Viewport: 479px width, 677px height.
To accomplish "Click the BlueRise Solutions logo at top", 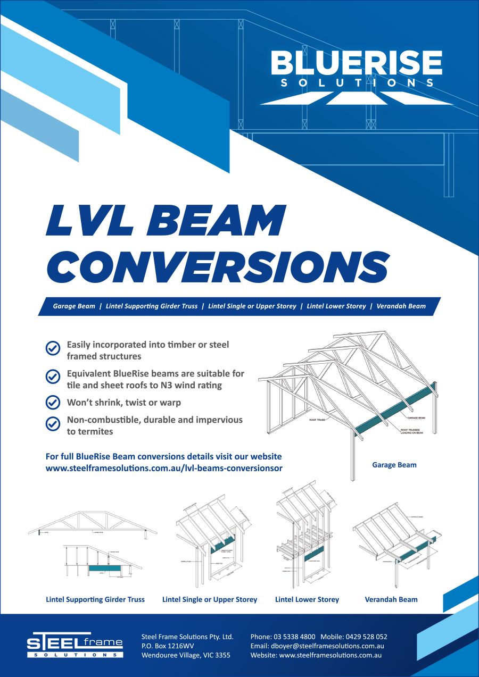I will point(356,74).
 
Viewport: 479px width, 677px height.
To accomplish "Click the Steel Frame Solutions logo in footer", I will point(75,645).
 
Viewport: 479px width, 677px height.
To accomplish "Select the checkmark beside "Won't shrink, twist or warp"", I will point(52,403).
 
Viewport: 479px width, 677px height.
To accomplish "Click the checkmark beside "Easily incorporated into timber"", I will point(52,348).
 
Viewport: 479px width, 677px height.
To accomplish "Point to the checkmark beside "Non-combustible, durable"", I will point(52,424).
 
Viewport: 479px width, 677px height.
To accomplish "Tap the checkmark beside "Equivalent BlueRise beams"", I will point(52,376).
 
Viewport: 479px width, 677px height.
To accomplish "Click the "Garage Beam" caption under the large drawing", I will point(394,465).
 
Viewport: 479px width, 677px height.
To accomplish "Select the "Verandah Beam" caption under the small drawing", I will point(391,599).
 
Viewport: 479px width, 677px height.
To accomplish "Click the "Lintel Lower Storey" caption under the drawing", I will point(307,599).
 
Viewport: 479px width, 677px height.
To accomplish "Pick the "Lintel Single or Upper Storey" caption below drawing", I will point(210,599).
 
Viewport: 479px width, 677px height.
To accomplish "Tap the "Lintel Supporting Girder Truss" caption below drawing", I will point(95,599).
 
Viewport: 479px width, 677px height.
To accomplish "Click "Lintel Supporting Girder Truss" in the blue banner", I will point(152,306).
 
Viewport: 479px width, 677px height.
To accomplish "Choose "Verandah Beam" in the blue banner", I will point(401,306).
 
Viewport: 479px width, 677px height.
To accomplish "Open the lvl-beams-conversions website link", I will point(164,469).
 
